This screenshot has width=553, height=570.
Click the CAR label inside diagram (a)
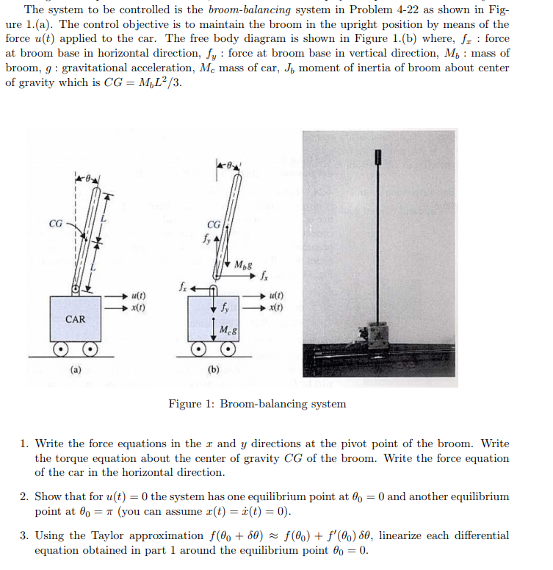[76, 319]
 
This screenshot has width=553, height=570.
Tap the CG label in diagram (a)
[56, 224]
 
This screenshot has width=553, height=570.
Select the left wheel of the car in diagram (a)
[64, 348]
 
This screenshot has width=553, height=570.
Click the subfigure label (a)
[76, 369]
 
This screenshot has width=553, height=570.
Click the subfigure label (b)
[214, 369]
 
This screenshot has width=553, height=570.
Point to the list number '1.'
[25, 443]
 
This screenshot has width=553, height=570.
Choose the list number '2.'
[25, 496]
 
